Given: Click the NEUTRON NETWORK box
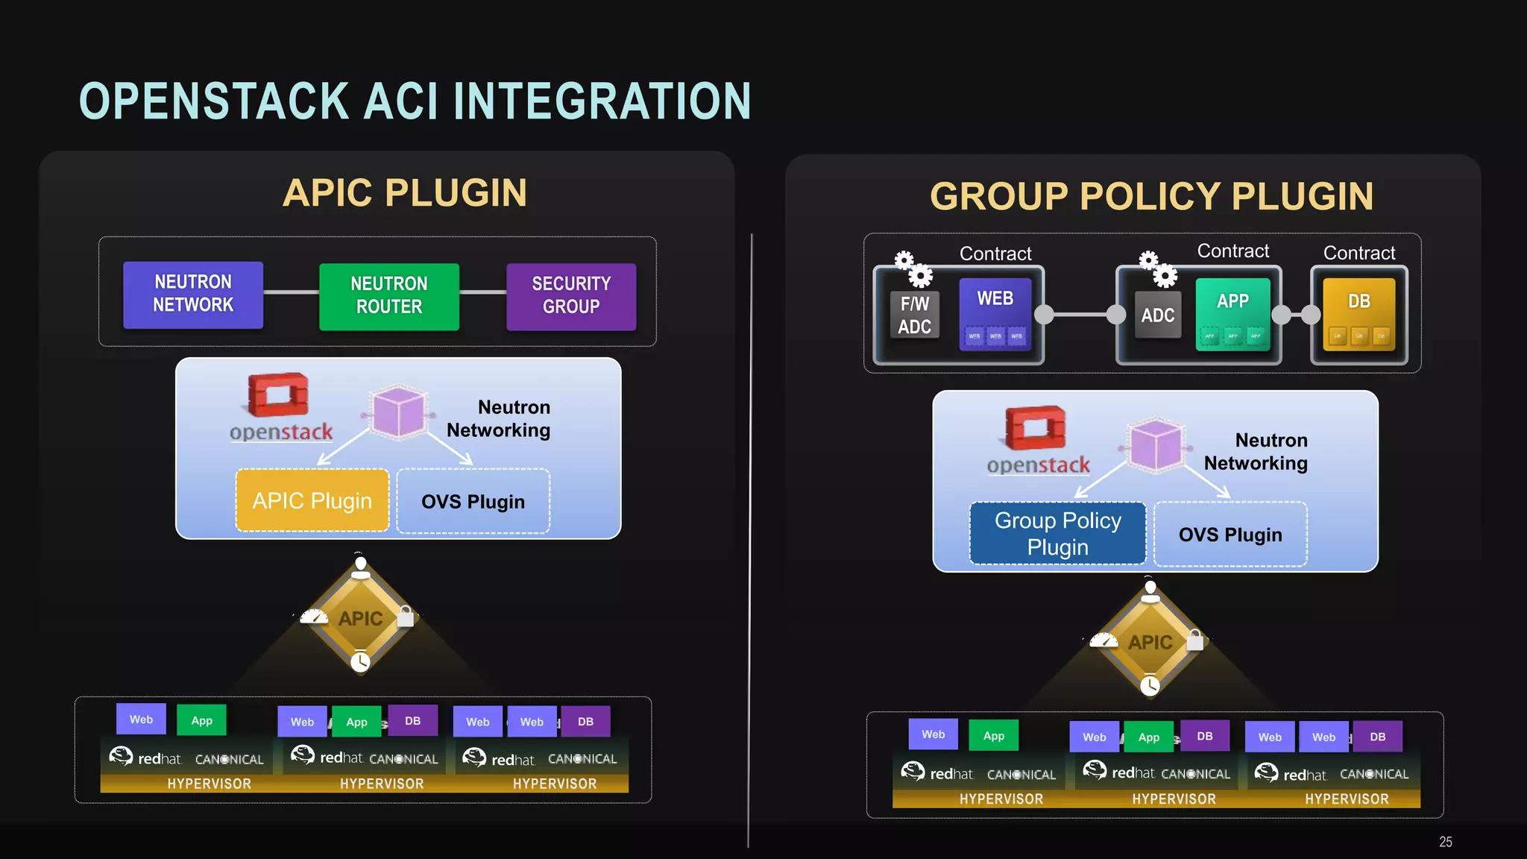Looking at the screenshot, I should (193, 295).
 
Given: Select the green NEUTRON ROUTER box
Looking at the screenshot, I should (389, 296).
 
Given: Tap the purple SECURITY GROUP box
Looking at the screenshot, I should (571, 296).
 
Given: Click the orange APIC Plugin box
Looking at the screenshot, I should (312, 500).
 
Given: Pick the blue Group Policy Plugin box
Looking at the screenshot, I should (1057, 533).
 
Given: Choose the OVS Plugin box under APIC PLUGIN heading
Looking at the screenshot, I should (473, 501).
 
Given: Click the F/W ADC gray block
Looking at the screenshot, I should (915, 315).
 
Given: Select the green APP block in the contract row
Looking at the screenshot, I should (1232, 314).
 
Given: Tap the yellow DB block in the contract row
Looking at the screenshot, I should (1358, 314).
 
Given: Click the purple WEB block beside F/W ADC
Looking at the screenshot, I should (995, 313).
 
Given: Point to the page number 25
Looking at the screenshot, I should (1445, 842).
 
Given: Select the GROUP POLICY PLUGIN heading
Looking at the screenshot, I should (1151, 197).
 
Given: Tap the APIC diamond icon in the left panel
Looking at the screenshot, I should (361, 619).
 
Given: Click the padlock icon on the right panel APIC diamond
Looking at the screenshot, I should (1195, 640).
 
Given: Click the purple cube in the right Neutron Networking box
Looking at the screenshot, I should (1156, 445).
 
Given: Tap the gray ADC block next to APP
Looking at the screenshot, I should (1157, 315).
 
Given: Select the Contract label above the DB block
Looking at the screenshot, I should (1358, 253).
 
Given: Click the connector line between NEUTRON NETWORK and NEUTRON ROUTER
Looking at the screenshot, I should (291, 292).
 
